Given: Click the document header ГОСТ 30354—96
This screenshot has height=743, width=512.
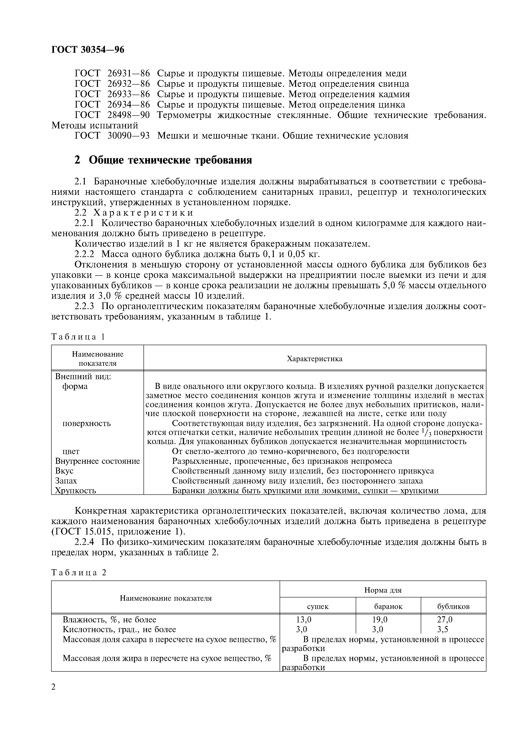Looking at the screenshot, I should pos(88,49).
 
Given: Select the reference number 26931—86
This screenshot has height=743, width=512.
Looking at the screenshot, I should pos(128,74).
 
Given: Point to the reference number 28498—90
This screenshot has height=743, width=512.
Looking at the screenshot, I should pos(128,115).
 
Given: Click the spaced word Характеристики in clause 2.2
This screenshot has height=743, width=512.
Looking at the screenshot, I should pos(143,213).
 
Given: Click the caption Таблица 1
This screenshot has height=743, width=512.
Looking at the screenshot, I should pos(78,337).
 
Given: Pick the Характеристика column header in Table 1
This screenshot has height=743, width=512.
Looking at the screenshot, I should pos(314,359).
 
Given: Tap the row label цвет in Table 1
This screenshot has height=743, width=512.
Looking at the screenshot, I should pos(71,451).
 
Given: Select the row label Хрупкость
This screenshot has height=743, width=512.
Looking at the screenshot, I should pos(75,490).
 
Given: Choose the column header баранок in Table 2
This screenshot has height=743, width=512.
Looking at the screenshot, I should pos(388,606).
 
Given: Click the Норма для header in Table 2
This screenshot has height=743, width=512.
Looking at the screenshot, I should pos(383,590).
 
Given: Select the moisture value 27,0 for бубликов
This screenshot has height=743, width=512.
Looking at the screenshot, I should pos(445,619).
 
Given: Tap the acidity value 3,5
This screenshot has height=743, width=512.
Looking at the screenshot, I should pos(442,629).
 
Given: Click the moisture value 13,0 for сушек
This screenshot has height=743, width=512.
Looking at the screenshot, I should pos(303,619).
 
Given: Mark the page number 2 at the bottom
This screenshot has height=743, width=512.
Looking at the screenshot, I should pos(54,686).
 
